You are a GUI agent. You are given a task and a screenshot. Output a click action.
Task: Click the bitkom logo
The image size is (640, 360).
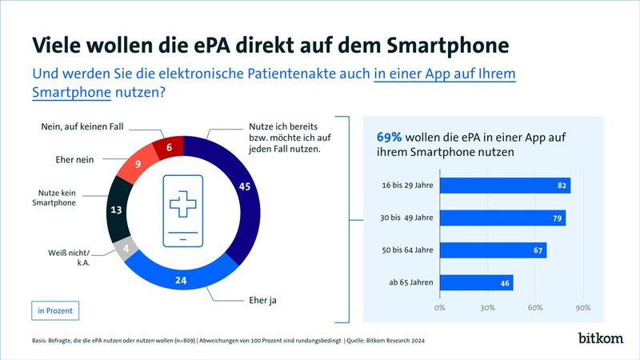click(x=600, y=338)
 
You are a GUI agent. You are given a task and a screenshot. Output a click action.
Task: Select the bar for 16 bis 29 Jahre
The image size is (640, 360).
click(x=505, y=186)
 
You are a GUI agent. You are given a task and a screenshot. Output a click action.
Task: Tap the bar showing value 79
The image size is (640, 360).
click(x=502, y=218)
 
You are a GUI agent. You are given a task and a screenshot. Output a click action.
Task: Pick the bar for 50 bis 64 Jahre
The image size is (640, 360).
click(x=493, y=250)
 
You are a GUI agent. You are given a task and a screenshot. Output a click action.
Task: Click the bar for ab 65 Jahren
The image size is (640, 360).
click(x=476, y=282)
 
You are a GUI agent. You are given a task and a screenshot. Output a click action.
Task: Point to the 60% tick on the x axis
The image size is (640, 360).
click(x=536, y=307)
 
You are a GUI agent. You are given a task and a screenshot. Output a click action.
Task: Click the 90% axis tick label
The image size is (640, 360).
click(x=583, y=307)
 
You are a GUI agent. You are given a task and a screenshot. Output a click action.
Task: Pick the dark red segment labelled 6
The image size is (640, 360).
click(x=170, y=147)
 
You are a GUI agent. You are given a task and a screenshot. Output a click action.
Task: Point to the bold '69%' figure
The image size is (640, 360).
click(x=390, y=136)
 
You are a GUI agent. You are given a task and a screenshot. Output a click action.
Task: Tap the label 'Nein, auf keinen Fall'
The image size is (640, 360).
click(x=82, y=127)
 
